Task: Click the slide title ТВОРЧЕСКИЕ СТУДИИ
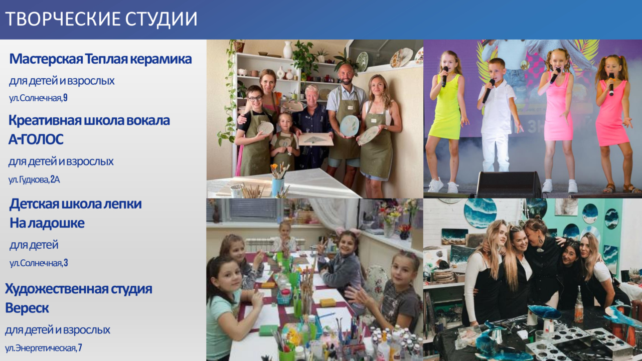point(101,19)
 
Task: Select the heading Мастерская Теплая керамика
point(100,59)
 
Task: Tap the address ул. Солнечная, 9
point(38,98)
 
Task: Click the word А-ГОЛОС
point(36,139)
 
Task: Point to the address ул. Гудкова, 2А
point(34,179)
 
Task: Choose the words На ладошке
point(47,223)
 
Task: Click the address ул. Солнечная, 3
point(39,263)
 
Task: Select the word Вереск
point(27,308)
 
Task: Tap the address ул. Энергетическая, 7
point(43,348)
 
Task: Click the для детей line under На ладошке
point(34,245)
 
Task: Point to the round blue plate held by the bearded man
point(349,125)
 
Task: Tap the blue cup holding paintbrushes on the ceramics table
point(278,187)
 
